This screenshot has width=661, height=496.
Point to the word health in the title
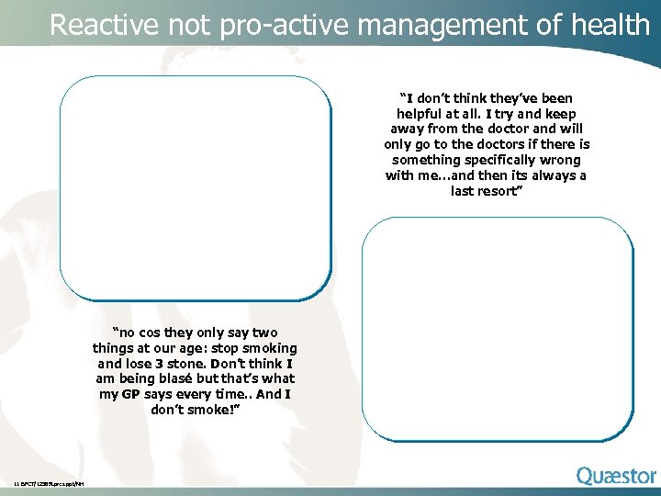tap(610, 25)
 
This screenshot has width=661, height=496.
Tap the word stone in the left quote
tap(200, 364)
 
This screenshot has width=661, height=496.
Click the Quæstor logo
tap(616, 476)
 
